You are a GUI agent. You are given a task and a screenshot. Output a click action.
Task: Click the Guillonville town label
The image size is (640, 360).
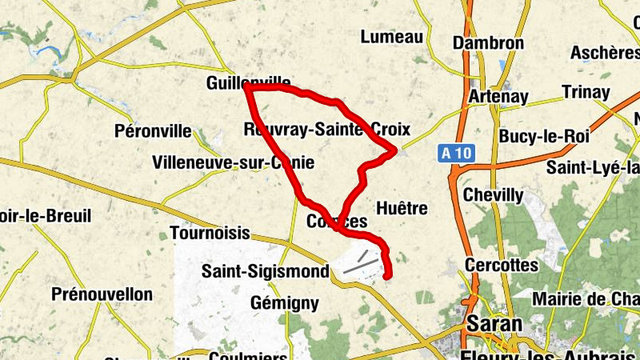coord(247,82)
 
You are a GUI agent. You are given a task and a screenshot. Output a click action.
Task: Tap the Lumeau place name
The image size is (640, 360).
coord(391,37)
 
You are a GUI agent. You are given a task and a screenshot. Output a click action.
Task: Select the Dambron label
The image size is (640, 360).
coord(488,43)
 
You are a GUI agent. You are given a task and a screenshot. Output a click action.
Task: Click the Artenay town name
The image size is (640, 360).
coord(499,96)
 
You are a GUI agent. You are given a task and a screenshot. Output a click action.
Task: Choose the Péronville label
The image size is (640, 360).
coord(154,130)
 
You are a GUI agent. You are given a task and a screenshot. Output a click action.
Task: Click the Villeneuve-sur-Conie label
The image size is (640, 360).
coord(233,163)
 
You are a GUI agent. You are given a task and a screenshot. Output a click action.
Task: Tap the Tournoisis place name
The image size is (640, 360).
coord(210,234)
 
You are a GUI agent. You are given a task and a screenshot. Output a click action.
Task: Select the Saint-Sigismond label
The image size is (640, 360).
coord(265,271)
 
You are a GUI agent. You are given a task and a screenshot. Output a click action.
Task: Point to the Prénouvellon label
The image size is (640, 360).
coord(102,294)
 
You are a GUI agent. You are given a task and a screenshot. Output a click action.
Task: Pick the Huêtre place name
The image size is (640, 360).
coord(402,208)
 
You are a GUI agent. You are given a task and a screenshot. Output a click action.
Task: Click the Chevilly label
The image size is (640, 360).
coord(494,195)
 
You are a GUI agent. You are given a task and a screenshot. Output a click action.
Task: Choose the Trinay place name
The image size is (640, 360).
coord(586,92)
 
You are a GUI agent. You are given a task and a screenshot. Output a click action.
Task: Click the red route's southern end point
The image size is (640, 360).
coord(388,277)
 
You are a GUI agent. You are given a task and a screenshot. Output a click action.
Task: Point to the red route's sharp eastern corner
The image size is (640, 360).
coord(396,150)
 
